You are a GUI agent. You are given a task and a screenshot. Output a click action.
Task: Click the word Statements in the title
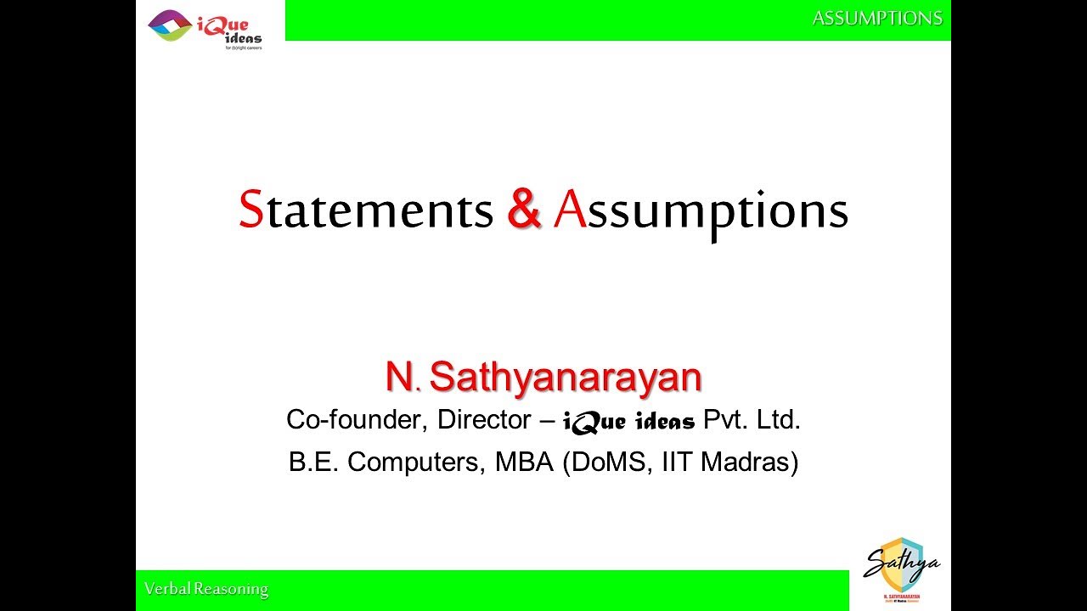(x=366, y=210)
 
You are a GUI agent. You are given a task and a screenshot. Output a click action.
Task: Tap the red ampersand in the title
(x=524, y=210)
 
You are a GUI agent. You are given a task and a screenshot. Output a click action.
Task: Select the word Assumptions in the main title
(x=701, y=212)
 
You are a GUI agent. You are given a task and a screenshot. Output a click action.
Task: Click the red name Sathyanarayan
(x=565, y=378)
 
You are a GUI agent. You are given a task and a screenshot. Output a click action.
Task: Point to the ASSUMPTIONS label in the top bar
(x=877, y=18)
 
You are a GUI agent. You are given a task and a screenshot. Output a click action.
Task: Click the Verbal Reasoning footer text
(x=206, y=589)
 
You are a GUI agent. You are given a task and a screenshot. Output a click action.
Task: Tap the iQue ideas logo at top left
(x=205, y=27)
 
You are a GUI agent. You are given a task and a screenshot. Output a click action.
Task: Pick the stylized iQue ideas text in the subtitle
(x=628, y=421)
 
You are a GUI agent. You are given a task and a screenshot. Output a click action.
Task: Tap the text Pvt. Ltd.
(x=752, y=420)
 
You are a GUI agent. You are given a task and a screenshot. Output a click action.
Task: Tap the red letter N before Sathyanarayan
(x=398, y=378)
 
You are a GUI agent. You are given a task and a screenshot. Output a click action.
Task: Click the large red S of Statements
(x=251, y=210)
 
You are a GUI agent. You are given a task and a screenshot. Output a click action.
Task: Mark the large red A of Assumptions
(x=569, y=210)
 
